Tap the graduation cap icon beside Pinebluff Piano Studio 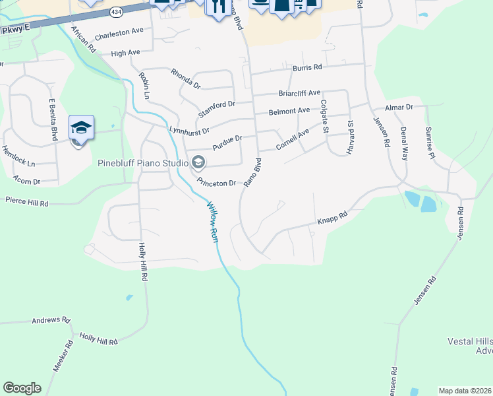pos(197,162)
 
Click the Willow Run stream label pos(213,222)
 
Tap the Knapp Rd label pos(332,216)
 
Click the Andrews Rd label pos(51,320)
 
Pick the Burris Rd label pos(308,67)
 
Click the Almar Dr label pos(399,107)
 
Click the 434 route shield pos(116,12)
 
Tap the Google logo pos(22,388)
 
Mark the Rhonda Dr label pos(185,79)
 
